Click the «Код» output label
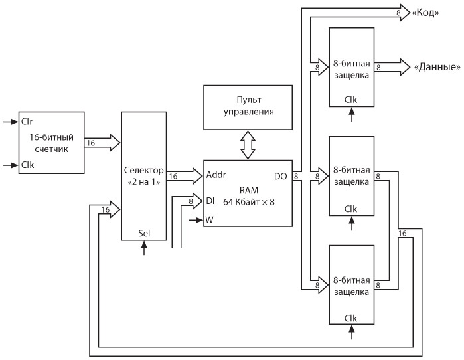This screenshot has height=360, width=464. (425, 13)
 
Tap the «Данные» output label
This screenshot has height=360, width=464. (437, 67)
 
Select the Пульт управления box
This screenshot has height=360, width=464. (248, 108)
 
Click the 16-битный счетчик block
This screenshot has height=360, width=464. (50, 141)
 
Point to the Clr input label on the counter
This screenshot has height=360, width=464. (28, 122)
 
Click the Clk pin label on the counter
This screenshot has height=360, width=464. (28, 165)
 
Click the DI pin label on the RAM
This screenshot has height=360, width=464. (210, 199)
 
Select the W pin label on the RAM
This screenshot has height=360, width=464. (210, 219)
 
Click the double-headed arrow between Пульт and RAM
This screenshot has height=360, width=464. (248, 145)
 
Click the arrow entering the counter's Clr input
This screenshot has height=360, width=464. (11, 122)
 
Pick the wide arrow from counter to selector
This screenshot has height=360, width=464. (102, 141)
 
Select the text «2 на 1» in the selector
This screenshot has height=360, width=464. (143, 181)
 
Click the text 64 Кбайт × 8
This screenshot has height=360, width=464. (247, 201)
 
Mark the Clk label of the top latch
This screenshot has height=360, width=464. (351, 100)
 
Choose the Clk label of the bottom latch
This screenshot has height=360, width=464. (351, 318)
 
